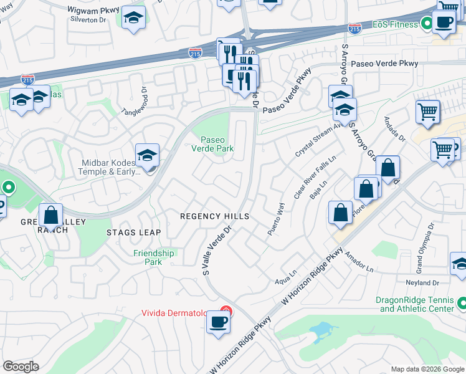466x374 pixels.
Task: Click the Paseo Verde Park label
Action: [x=212, y=144]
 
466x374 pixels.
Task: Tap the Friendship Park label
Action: [x=154, y=257]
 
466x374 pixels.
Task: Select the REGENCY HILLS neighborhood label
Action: [x=214, y=216]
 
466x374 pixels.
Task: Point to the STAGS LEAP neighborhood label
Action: [x=133, y=233]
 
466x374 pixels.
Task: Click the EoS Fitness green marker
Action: [x=427, y=24]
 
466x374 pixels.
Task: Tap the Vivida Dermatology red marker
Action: [x=226, y=311]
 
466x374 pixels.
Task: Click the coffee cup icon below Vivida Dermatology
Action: [x=218, y=323]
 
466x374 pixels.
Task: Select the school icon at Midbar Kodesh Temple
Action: [x=148, y=155]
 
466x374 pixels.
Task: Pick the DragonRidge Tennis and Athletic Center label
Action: [x=415, y=304]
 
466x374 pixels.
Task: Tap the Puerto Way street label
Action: [x=275, y=218]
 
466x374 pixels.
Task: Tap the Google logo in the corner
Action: [x=21, y=367]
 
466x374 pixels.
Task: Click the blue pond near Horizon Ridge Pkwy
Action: [x=321, y=330]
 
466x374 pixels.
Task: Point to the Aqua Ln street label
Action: [x=285, y=281]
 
